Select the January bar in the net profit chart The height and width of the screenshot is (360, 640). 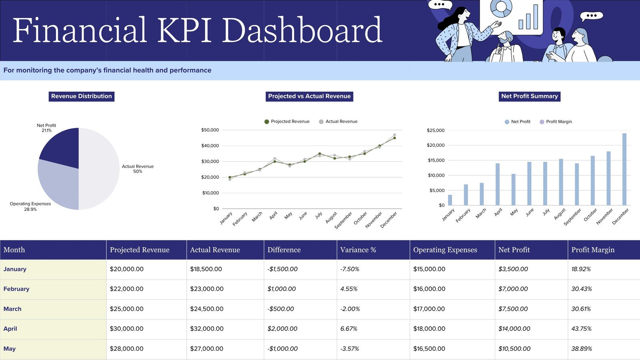pyautogui.click(x=450, y=200)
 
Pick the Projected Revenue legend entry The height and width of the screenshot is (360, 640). pyautogui.click(x=287, y=122)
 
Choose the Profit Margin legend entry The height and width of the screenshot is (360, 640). pyautogui.click(x=556, y=122)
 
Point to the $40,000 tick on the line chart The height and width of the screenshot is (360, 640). pyautogui.click(x=210, y=146)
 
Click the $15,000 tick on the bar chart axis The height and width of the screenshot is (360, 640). pyautogui.click(x=436, y=160)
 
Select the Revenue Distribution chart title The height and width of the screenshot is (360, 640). pyautogui.click(x=82, y=96)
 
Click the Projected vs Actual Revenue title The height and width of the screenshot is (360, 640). pyautogui.click(x=309, y=96)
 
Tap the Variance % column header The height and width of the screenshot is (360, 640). pyautogui.click(x=358, y=250)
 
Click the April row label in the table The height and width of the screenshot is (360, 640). pyautogui.click(x=10, y=329)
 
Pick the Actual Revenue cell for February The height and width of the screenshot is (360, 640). pyautogui.click(x=207, y=289)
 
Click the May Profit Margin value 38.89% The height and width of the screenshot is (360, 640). pyautogui.click(x=582, y=349)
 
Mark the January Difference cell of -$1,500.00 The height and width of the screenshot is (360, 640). pyautogui.click(x=282, y=269)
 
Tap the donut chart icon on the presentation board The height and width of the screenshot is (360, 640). pyautogui.click(x=501, y=8)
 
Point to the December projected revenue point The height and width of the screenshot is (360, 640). pyautogui.click(x=394, y=138)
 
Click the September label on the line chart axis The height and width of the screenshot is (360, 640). pyautogui.click(x=344, y=220)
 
